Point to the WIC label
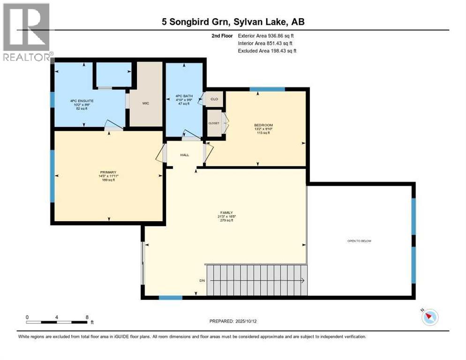point(146,103)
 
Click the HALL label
point(185,155)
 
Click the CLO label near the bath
point(214,99)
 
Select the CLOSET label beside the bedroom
point(214,123)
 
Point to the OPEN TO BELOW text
point(359,241)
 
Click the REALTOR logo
point(27,32)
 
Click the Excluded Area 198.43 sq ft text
point(267,51)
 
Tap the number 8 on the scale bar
point(87,317)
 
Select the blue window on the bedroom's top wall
point(267,89)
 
